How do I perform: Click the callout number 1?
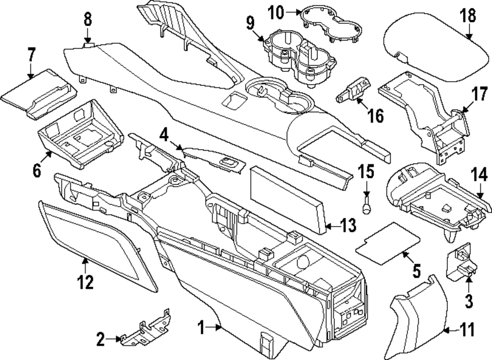pos(201,326)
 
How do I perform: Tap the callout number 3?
pos(469,299)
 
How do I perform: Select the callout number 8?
pos(87,19)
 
